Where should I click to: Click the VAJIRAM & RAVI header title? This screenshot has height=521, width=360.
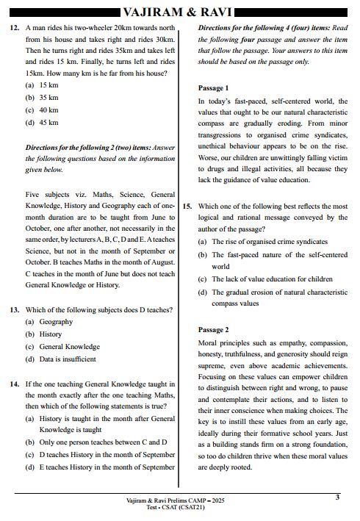pos(180,12)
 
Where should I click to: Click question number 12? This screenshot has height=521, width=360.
pos(14,27)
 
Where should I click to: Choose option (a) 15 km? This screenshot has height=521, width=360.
pos(41,85)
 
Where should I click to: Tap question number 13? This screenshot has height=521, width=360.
pos(14,310)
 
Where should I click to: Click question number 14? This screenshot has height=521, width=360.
pos(14,384)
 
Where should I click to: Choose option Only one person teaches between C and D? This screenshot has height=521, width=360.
pos(103,442)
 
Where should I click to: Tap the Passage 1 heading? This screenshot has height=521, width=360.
pos(214,88)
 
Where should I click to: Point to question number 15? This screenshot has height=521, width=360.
pos(187,206)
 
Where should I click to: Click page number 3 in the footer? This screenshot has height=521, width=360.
pos(337,497)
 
